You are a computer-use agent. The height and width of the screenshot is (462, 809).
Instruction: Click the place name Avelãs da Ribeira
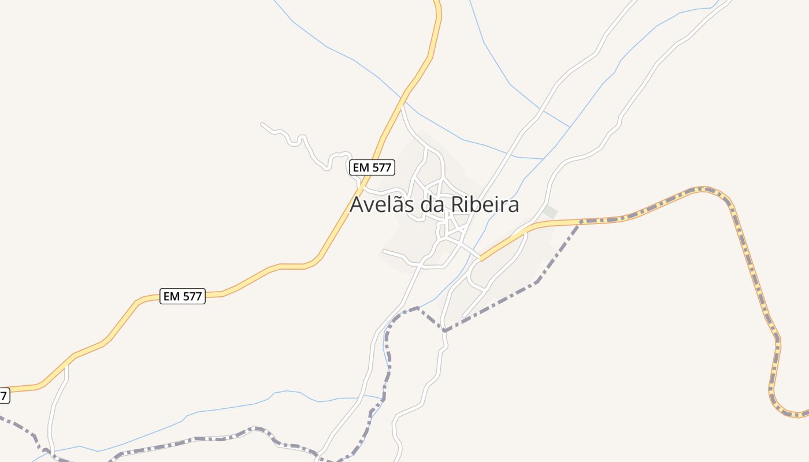(x=435, y=204)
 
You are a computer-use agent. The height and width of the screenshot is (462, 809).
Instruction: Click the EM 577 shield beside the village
(x=372, y=168)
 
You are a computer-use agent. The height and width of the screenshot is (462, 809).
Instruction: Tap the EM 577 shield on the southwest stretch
(x=183, y=296)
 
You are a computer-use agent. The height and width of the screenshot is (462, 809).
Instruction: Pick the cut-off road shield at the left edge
(x=4, y=396)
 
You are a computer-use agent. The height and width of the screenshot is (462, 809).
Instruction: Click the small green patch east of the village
(x=551, y=212)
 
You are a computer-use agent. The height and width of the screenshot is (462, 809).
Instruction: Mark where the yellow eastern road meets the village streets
(x=480, y=259)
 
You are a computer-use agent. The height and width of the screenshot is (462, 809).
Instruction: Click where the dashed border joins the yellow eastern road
(x=581, y=221)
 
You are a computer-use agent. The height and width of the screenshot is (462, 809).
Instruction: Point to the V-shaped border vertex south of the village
(x=444, y=330)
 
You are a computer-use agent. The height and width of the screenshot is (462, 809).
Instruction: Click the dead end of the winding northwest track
(x=262, y=124)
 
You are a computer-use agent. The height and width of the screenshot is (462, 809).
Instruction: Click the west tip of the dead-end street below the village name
(x=384, y=252)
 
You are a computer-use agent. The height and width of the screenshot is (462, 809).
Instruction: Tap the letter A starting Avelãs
(x=358, y=204)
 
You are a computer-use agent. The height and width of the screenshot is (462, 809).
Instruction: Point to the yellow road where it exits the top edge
(x=437, y=2)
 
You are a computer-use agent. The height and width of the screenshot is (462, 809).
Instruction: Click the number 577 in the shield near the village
(x=380, y=168)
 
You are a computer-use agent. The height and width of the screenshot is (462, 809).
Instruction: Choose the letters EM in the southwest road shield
(x=172, y=296)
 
